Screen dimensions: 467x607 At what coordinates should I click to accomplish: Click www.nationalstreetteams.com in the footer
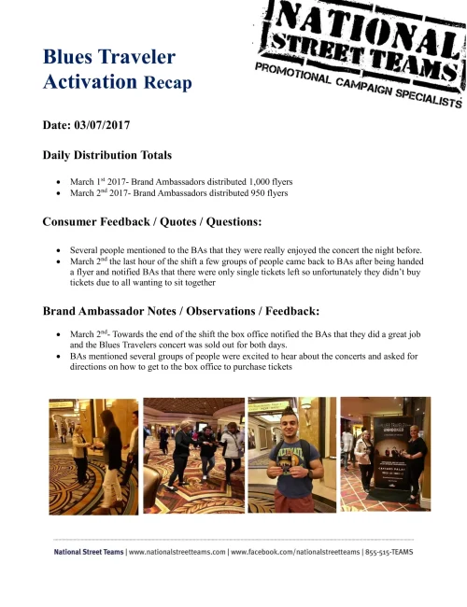tap(177, 553)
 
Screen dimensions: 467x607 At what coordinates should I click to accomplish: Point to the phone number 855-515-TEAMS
tap(389, 553)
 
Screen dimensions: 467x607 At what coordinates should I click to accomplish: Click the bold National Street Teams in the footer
tap(88, 553)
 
